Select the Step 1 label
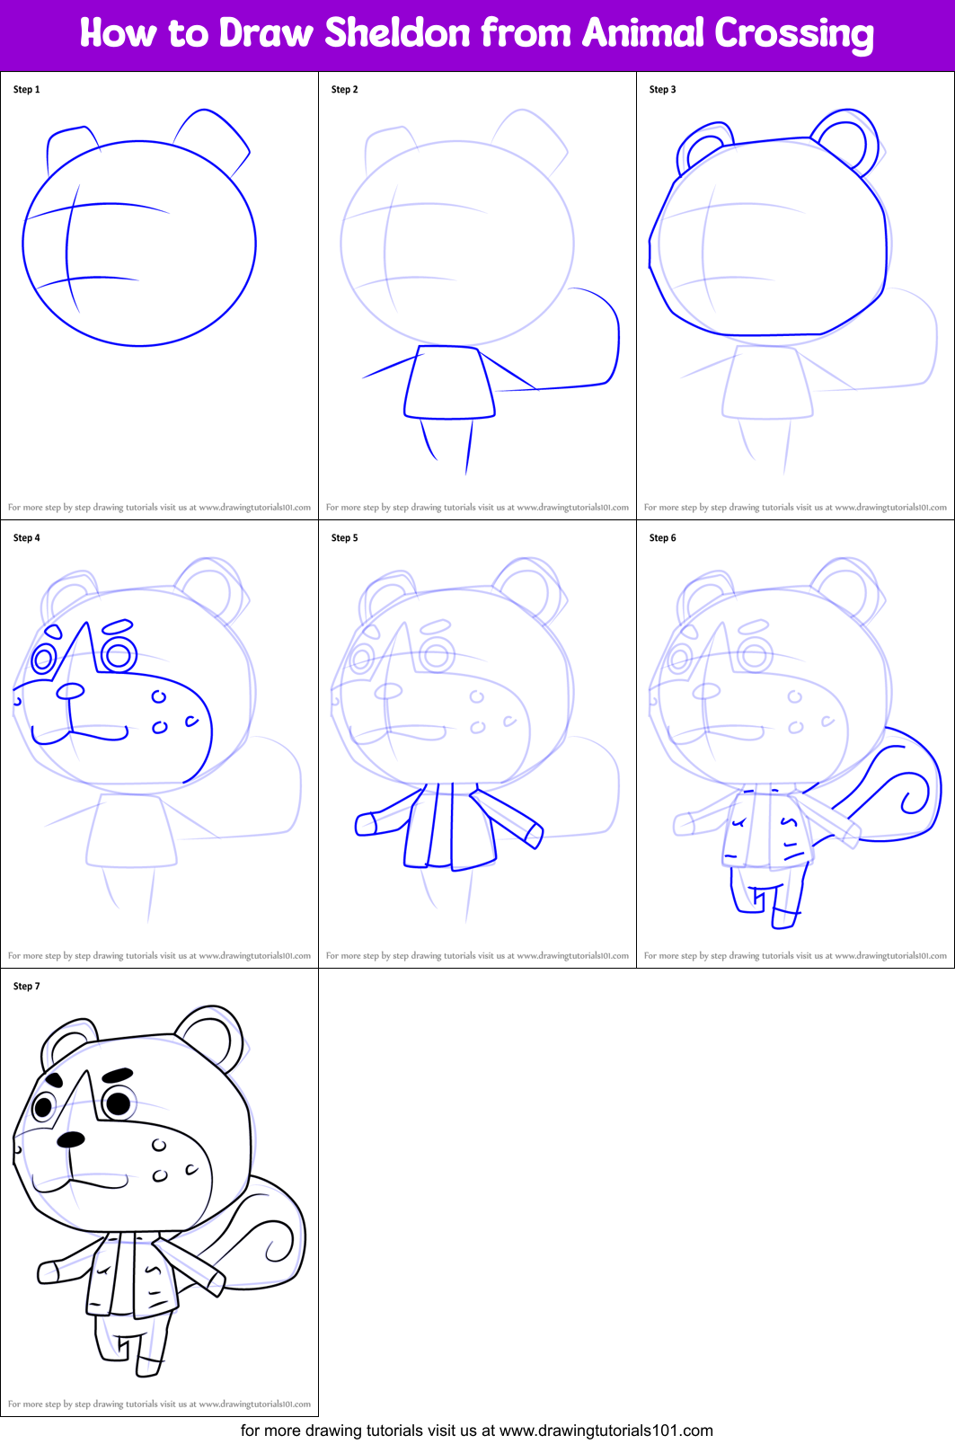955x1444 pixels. pyautogui.click(x=27, y=90)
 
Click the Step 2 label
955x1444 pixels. pyautogui.click(x=345, y=90)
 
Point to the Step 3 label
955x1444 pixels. pyautogui.click(x=663, y=90)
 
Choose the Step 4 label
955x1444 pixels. pyautogui.click(x=27, y=538)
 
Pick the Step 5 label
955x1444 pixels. pyautogui.click(x=345, y=538)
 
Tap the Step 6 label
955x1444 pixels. pyautogui.click(x=663, y=538)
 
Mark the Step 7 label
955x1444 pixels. pyautogui.click(x=27, y=987)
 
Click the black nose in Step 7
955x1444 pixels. pyautogui.click(x=71, y=1139)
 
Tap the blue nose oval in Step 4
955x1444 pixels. pyautogui.click(x=70, y=691)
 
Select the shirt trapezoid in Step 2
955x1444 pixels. pyautogui.click(x=449, y=382)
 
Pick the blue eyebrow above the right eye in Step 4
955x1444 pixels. pyautogui.click(x=119, y=625)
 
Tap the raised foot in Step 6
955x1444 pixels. pyautogui.click(x=784, y=917)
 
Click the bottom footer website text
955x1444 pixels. pyautogui.click(x=477, y=1431)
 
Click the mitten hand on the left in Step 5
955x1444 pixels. pyautogui.click(x=367, y=823)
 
